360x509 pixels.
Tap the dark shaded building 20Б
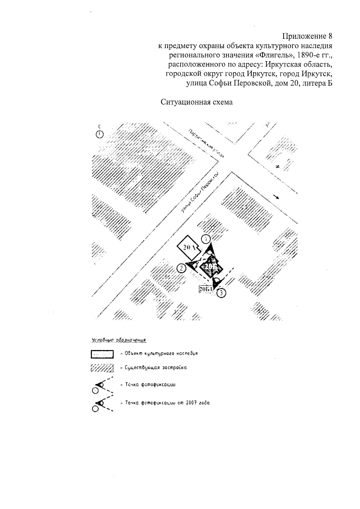[x=212, y=267]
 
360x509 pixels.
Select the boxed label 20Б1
[x=205, y=289]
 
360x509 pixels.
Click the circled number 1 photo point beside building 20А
[x=206, y=239]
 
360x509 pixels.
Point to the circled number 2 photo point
[x=181, y=268]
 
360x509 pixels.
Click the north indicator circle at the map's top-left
[x=99, y=134]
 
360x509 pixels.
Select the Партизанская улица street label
[x=207, y=143]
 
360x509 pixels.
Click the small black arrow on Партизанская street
[x=277, y=197]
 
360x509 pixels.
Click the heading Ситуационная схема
[x=197, y=102]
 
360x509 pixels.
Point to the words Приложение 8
[x=307, y=37]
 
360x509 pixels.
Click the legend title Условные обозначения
[x=118, y=340]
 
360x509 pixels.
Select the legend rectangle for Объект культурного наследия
[x=102, y=354]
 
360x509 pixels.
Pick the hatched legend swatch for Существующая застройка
[x=102, y=368]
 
